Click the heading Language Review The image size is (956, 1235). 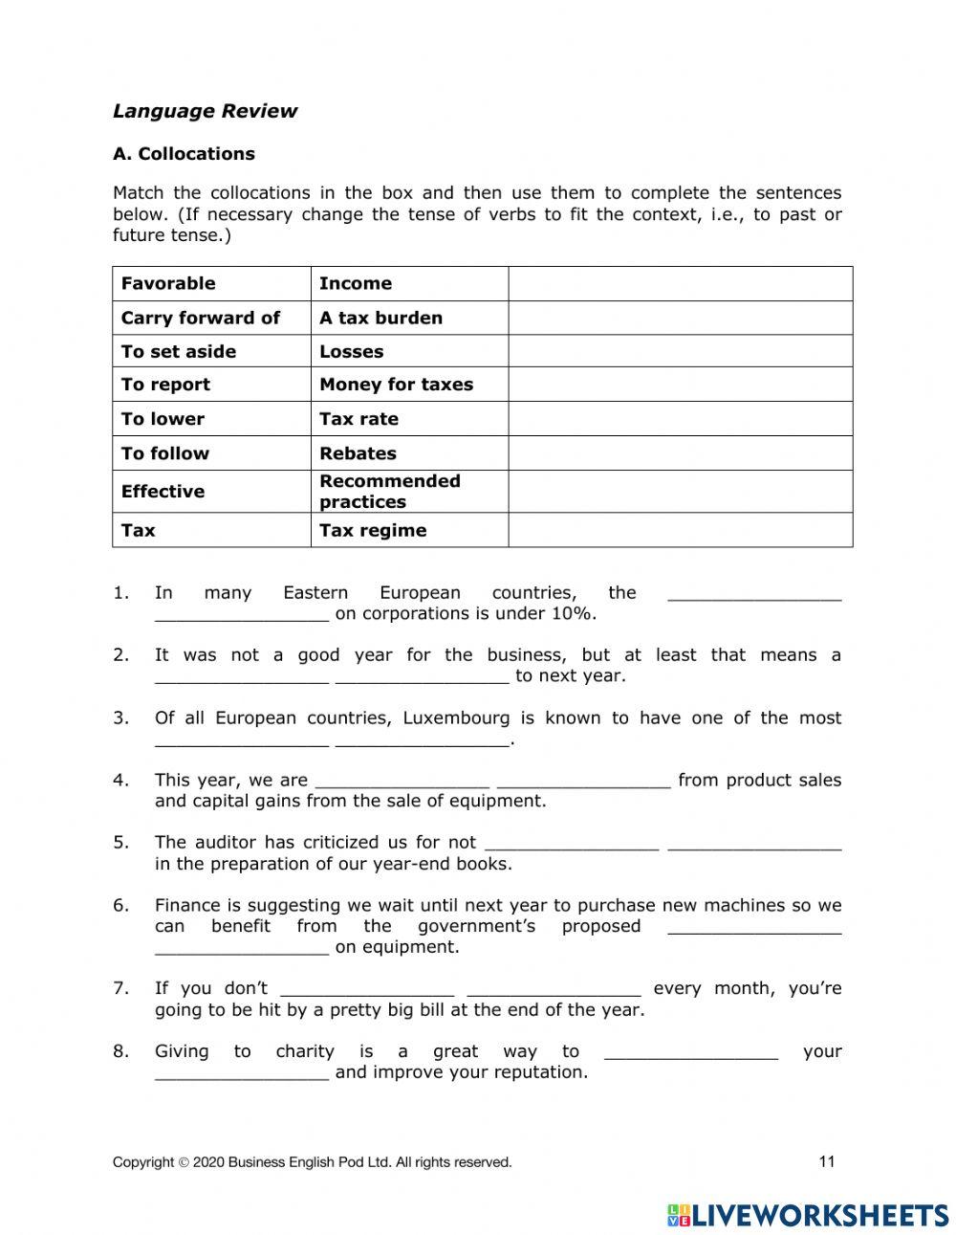(205, 111)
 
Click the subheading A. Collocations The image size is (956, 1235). (184, 154)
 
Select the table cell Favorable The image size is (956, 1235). (168, 283)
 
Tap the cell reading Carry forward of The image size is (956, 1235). (201, 318)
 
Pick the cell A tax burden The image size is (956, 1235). (380, 318)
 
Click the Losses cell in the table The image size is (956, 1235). (351, 351)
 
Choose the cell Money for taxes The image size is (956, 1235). (396, 385)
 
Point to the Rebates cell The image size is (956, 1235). (358, 453)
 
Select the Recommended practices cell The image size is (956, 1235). (389, 492)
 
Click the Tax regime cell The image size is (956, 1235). (373, 530)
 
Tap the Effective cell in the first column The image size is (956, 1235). (163, 492)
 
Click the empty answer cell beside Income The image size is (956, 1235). (680, 283)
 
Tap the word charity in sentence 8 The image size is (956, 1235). (305, 1051)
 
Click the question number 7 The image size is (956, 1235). (120, 988)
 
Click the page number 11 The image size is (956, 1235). (827, 1161)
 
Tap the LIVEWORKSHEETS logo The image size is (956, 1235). (808, 1215)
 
